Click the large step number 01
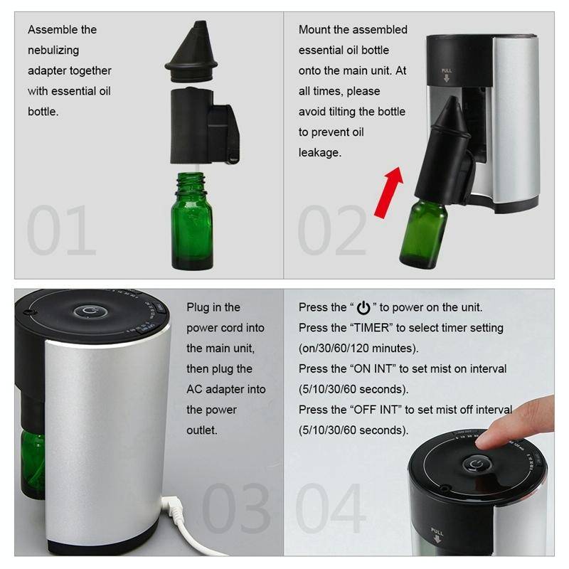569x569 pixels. (x=61, y=230)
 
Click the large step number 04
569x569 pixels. (x=331, y=508)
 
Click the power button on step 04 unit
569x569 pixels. (x=474, y=464)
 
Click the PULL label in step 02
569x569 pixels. (x=447, y=71)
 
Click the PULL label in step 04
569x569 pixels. (x=437, y=531)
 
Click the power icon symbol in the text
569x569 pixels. (x=363, y=308)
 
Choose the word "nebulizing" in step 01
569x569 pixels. (x=53, y=50)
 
